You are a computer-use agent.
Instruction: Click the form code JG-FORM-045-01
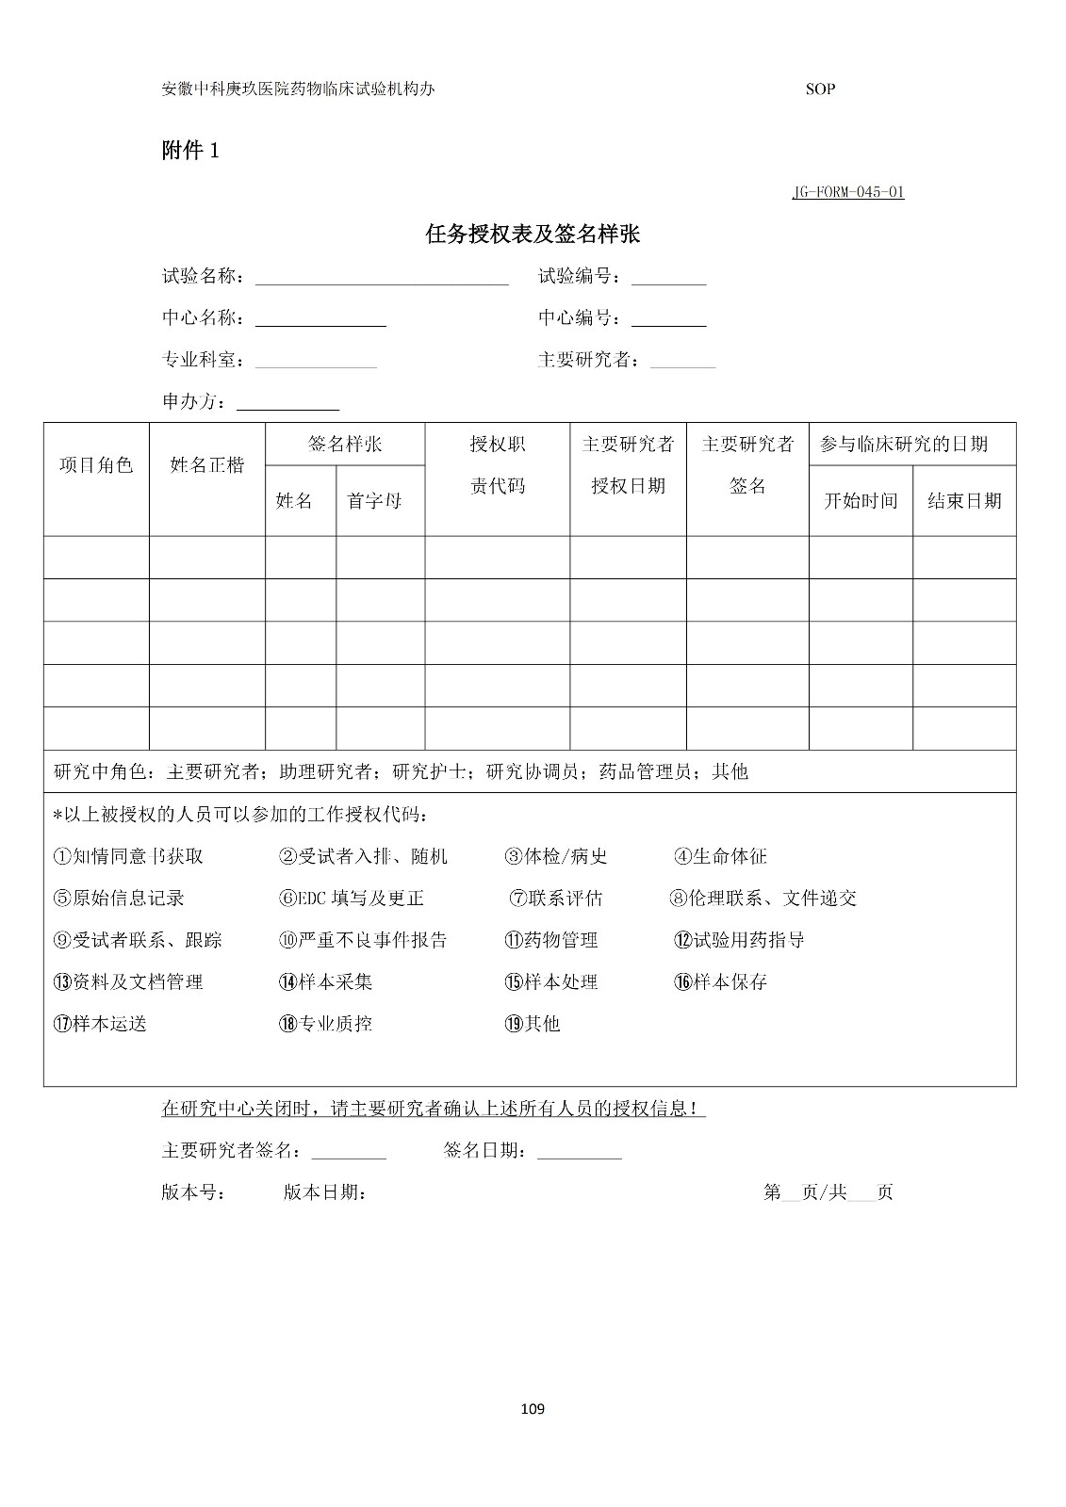[847, 192]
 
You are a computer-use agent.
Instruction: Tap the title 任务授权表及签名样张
[533, 235]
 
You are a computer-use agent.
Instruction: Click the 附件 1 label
[190, 151]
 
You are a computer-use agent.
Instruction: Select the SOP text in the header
[820, 89]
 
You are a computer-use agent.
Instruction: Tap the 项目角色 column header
[96, 465]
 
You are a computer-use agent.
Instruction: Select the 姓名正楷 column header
[206, 465]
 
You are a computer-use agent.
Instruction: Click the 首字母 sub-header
[374, 501]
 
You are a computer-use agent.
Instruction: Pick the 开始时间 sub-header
[861, 501]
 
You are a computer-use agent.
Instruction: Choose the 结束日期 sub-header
[964, 501]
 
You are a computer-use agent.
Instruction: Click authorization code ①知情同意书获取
[128, 856]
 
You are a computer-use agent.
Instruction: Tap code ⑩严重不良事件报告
[363, 940]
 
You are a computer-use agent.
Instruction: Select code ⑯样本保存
[721, 982]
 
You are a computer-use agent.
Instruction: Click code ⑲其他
[533, 1024]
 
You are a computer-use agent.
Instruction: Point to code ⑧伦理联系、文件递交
[763, 899]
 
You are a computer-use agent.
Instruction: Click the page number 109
[533, 1409]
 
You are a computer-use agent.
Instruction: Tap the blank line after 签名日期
[579, 1151]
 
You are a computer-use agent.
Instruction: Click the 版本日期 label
[324, 1192]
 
